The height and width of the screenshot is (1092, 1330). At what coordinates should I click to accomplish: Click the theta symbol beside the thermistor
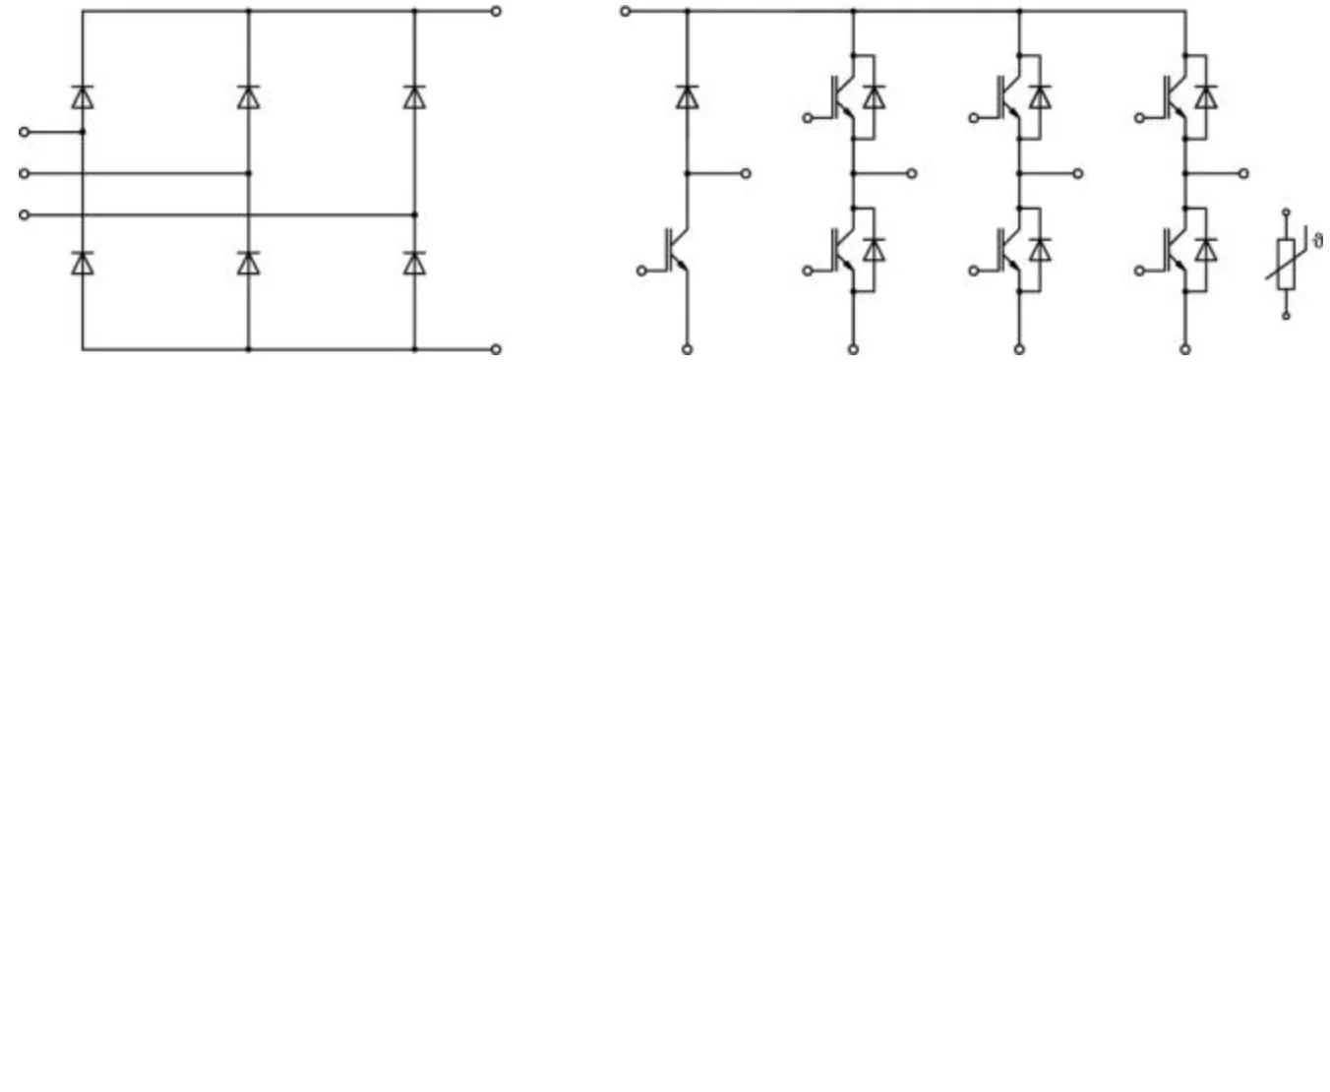pos(1318,240)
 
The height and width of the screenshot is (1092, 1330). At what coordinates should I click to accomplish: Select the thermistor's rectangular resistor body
pos(1286,264)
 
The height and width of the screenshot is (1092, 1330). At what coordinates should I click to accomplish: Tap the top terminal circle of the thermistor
pos(1286,212)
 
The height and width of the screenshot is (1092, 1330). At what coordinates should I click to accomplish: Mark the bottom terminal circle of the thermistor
pos(1286,316)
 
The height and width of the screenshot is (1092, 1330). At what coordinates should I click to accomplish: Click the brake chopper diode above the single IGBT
pos(687,96)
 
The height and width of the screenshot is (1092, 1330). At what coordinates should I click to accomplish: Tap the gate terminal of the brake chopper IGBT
pos(641,271)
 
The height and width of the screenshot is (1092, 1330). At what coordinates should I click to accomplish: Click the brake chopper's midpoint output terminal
pos(746,173)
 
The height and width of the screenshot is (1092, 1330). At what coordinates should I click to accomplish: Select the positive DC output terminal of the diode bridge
pos(496,12)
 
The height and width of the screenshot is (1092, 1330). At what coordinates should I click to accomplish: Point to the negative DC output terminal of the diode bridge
pos(496,349)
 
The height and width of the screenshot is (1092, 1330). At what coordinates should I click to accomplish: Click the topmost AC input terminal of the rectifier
pos(25,132)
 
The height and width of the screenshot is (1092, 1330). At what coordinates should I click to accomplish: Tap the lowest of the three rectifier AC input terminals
pos(25,214)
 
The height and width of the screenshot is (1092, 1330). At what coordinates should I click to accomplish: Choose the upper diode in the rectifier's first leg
pos(83,96)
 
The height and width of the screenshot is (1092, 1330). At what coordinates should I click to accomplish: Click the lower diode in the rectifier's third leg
pos(414,263)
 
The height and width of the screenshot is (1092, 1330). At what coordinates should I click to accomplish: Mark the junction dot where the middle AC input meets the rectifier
pos(248,173)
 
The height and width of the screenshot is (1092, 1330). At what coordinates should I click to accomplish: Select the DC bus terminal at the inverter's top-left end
pos(625,12)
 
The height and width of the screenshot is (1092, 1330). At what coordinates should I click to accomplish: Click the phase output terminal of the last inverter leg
pos(1243,173)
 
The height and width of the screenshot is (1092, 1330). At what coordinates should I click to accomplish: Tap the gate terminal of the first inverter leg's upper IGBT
pos(808,118)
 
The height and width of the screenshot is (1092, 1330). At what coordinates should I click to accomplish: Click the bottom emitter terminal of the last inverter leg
pos(1185,349)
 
